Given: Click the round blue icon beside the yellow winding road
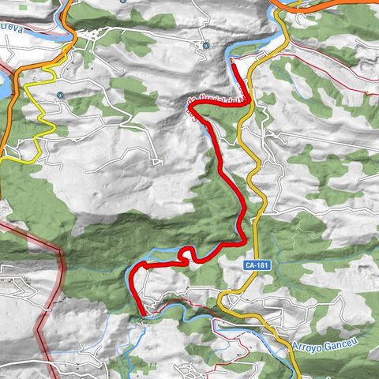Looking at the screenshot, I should (60, 96).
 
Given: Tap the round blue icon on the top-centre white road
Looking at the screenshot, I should (205, 46).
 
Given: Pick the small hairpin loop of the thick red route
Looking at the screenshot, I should (188, 253).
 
